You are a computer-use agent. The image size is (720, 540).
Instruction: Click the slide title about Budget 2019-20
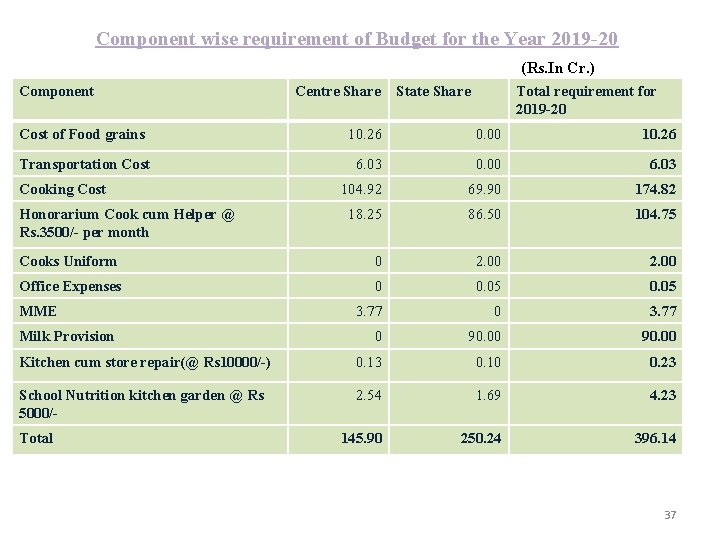tap(357, 39)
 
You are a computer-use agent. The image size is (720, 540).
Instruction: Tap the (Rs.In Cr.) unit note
tap(558, 69)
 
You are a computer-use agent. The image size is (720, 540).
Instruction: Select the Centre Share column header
tap(338, 91)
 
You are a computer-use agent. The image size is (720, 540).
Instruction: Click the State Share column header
tap(433, 91)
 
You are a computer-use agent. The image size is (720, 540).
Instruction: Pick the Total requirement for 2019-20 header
tap(585, 100)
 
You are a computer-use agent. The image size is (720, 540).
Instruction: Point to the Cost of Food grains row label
tap(82, 134)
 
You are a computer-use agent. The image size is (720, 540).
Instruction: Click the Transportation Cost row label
tap(85, 164)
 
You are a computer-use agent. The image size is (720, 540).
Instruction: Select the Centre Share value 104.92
tap(361, 189)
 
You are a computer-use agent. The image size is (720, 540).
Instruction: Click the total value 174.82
tap(655, 189)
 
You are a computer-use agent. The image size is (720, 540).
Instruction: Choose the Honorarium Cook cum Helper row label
tap(126, 223)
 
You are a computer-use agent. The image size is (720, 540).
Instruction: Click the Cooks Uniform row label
tap(68, 261)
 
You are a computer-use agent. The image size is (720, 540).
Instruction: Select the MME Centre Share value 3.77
tap(368, 311)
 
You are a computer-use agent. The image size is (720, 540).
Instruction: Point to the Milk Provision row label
tap(67, 336)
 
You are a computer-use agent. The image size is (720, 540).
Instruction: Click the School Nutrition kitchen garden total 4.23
tap(662, 395)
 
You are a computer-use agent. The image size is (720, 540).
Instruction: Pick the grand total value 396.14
tap(655, 438)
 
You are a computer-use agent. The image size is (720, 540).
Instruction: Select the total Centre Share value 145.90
tap(361, 438)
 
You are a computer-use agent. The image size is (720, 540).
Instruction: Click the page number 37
tap(670, 515)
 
